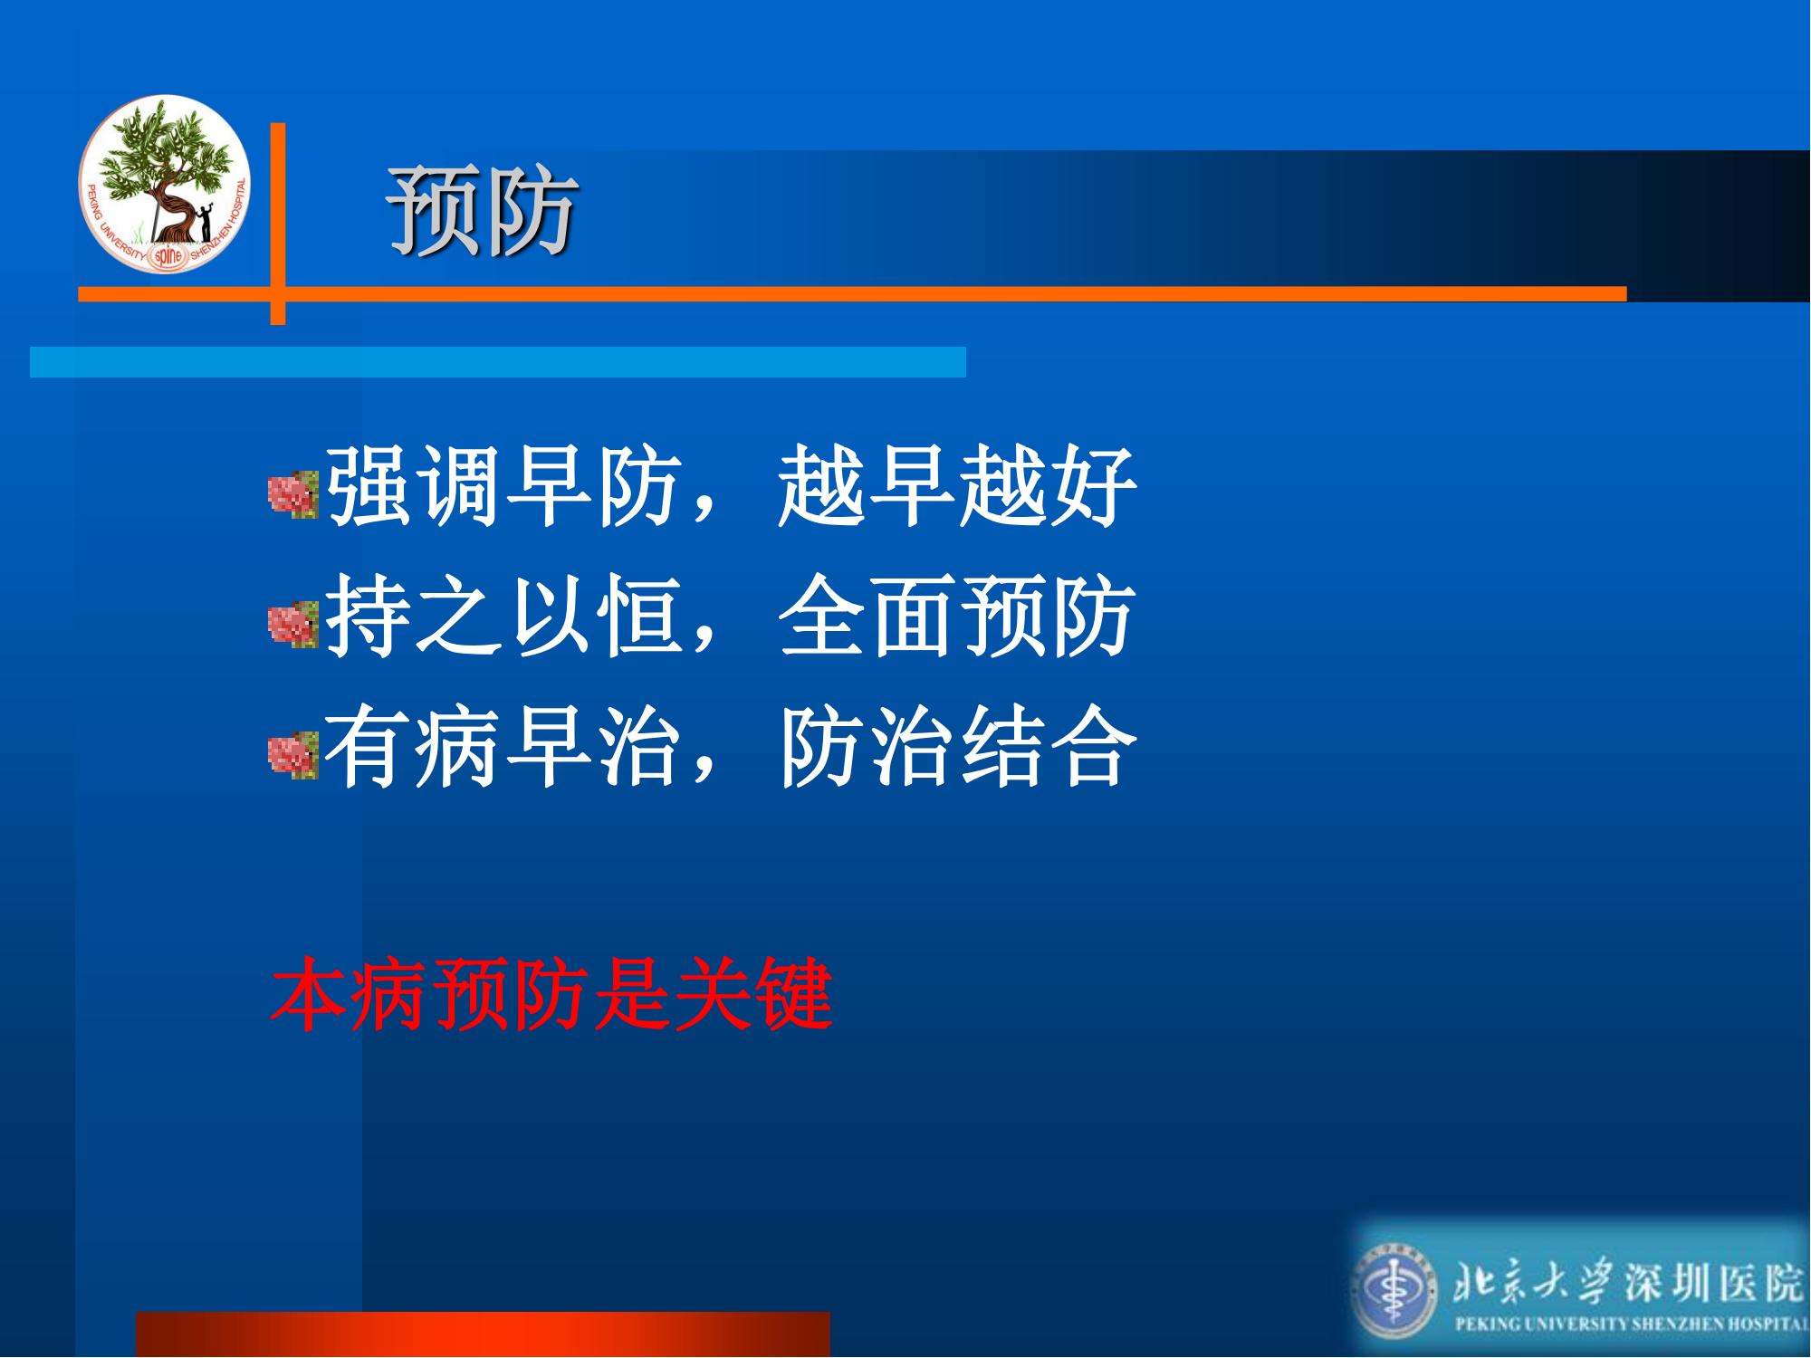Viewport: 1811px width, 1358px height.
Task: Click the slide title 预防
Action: click(484, 211)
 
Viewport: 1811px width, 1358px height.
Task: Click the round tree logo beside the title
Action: click(164, 184)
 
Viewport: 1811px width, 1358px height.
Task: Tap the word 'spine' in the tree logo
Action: click(168, 256)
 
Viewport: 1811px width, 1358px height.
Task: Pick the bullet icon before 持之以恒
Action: click(294, 625)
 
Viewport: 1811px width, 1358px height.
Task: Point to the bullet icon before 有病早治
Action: click(294, 755)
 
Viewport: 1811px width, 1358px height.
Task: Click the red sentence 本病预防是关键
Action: click(551, 995)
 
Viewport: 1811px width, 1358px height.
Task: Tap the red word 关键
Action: click(753, 995)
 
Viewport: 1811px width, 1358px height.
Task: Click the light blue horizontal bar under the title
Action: click(498, 361)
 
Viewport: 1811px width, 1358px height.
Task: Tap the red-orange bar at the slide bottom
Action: click(483, 1334)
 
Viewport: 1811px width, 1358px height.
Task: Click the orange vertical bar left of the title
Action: click(278, 224)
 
